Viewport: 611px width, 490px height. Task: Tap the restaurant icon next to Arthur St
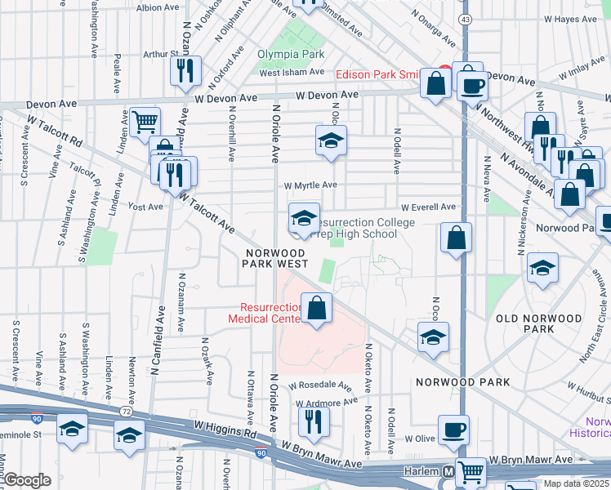(x=186, y=70)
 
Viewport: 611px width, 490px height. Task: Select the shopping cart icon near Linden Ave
(x=145, y=122)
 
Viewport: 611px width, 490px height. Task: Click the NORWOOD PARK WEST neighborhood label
(x=277, y=258)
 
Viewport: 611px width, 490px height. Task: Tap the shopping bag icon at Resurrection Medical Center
(x=317, y=309)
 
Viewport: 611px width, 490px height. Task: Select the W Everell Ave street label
(x=427, y=207)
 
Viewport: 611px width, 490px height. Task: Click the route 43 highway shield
(x=464, y=18)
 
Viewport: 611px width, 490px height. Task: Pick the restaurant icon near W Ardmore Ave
(x=312, y=421)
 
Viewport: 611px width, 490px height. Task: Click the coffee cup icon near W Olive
(x=453, y=430)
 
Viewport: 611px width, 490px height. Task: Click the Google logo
(x=28, y=480)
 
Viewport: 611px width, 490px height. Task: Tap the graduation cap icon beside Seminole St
(x=72, y=429)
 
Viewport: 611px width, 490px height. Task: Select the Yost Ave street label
(x=145, y=207)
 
